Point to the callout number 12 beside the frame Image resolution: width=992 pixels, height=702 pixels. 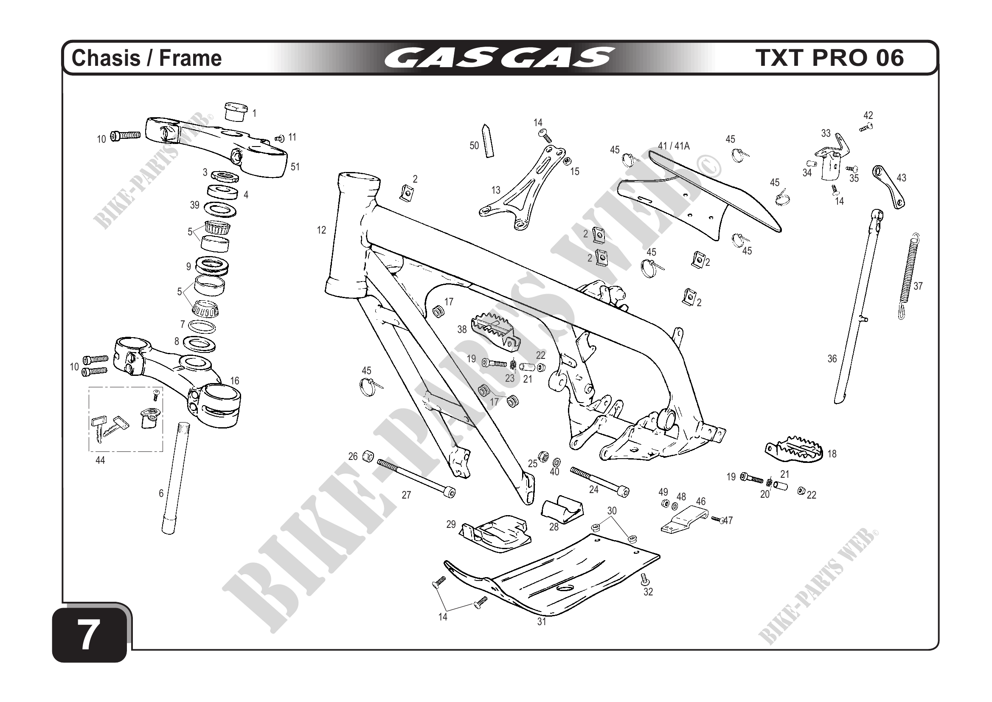pos(321,231)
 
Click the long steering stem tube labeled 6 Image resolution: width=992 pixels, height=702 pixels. pos(174,478)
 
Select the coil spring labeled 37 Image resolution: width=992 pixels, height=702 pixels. pos(910,276)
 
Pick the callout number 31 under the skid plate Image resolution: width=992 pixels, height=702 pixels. pos(542,622)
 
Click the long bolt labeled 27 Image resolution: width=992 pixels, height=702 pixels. pos(416,479)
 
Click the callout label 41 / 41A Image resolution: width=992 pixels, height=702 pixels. pos(674,146)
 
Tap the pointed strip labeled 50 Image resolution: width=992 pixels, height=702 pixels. pos(487,141)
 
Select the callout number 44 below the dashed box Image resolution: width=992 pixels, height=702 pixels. pos(100,460)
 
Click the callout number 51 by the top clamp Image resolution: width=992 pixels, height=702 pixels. pos(295,167)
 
